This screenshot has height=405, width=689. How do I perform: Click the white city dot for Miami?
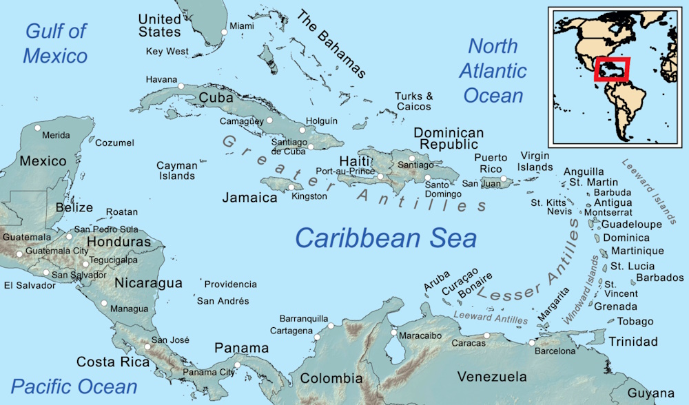click(x=223, y=32)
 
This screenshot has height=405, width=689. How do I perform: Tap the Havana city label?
click(x=161, y=79)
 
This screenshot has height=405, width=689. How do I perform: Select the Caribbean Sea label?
click(x=386, y=238)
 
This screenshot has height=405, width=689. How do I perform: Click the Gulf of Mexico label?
click(x=56, y=43)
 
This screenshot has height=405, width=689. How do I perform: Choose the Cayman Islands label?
click(x=176, y=170)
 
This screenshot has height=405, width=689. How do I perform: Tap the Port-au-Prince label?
click(x=345, y=171)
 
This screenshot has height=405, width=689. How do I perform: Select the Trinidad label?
click(x=633, y=341)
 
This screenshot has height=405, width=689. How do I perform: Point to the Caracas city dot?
click(x=487, y=335)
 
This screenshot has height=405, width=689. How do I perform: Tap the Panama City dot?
click(x=237, y=365)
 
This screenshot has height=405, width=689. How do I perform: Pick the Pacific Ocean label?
click(x=74, y=386)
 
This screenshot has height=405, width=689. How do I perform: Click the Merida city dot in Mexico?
click(x=38, y=128)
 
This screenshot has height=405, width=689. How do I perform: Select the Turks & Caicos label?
click(x=413, y=101)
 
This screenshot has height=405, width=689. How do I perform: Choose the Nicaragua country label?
click(x=148, y=283)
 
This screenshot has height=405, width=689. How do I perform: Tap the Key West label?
click(x=167, y=52)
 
